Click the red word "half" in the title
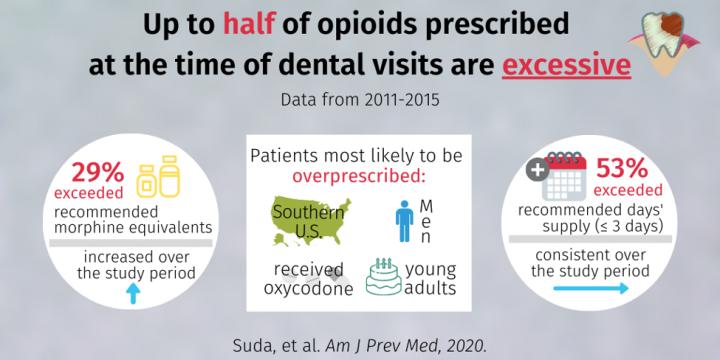point(249,24)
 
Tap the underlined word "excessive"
point(566,65)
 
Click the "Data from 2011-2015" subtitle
point(360,100)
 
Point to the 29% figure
point(97,173)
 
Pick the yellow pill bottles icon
point(158,177)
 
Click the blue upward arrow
point(133,293)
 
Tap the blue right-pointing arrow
point(591,288)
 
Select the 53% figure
point(621,170)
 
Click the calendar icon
point(564,177)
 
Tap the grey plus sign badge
point(539,169)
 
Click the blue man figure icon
point(405,221)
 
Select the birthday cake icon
point(383,276)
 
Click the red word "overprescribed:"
point(359,177)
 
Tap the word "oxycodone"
point(309,289)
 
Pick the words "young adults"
point(430,279)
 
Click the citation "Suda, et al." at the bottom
point(276,346)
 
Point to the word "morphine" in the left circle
point(87,228)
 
